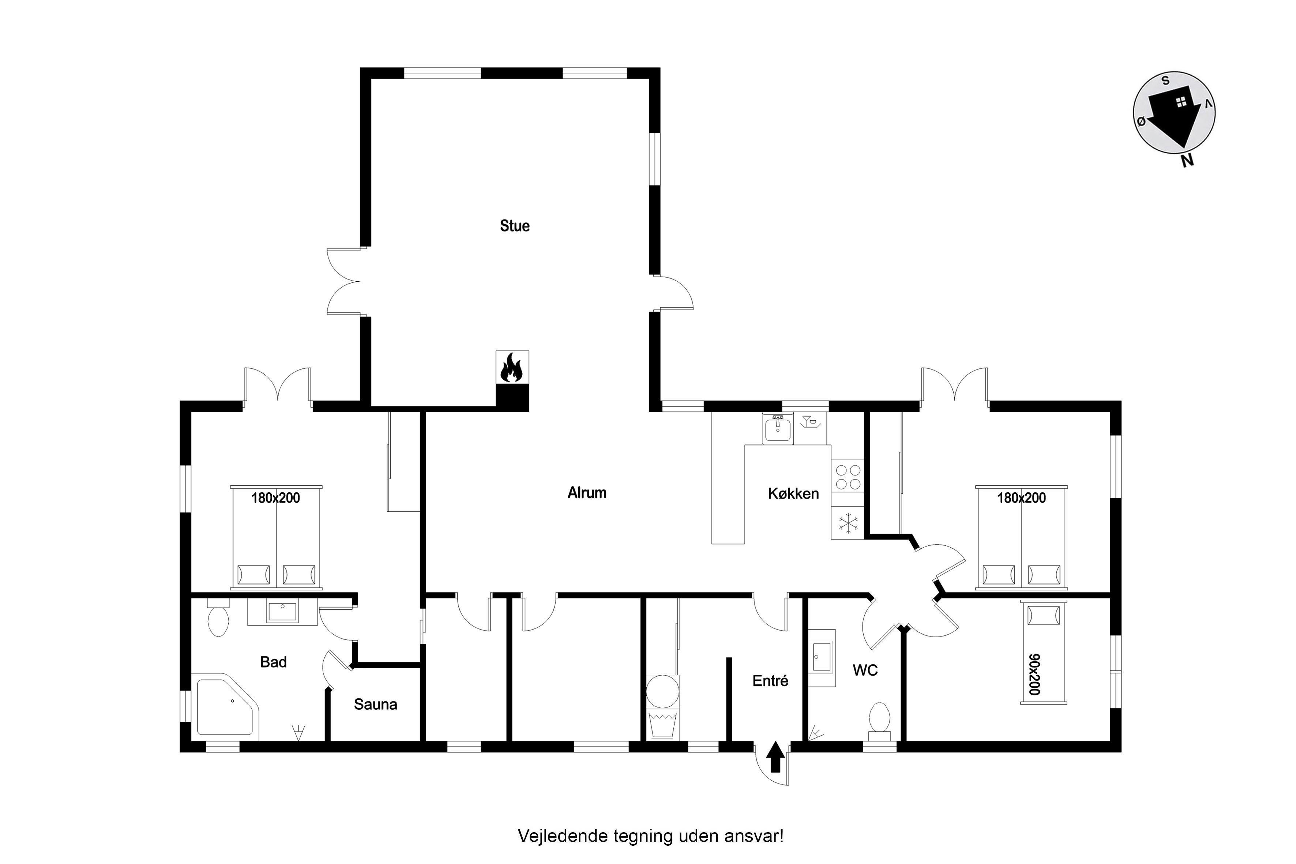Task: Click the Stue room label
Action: pyautogui.click(x=515, y=226)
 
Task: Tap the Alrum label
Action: pyautogui.click(x=587, y=493)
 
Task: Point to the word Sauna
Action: pyautogui.click(x=375, y=704)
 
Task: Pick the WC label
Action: pyautogui.click(x=865, y=670)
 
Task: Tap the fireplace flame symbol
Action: pyautogui.click(x=511, y=368)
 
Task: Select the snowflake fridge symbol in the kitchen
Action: pyautogui.click(x=848, y=523)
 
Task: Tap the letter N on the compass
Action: pyautogui.click(x=1187, y=160)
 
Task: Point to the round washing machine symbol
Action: pyautogui.click(x=662, y=691)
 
